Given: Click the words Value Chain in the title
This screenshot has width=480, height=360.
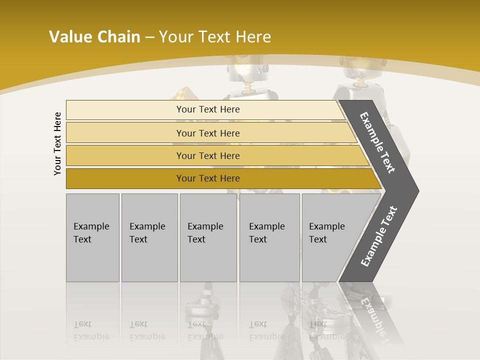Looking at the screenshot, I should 94,37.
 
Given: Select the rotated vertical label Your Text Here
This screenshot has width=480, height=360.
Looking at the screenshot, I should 57,143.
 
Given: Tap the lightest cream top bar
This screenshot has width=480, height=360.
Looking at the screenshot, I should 125,109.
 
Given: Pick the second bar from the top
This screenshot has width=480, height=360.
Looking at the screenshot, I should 125,133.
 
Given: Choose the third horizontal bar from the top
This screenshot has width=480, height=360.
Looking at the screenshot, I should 125,155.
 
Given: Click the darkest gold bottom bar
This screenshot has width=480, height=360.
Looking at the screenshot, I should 125,178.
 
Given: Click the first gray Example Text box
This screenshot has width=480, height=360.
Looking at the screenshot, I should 92,237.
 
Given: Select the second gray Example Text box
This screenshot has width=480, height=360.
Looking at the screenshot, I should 149,237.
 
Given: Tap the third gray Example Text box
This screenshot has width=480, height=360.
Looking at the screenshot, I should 208,237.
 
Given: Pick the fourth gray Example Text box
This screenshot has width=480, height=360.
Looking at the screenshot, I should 269,237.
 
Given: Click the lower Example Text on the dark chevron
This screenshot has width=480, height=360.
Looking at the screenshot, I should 379,236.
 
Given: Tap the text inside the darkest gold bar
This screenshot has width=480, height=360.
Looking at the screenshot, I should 208,178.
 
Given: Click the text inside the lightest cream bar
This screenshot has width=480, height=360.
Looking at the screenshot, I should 208,109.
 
